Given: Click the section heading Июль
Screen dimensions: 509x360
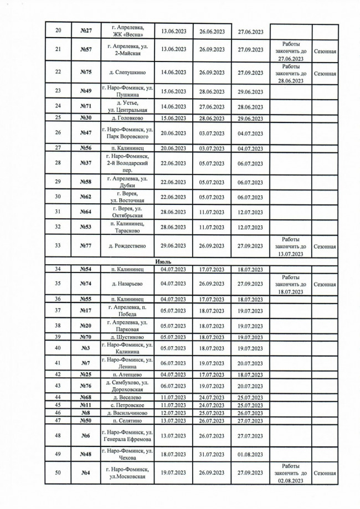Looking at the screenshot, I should point(163,261).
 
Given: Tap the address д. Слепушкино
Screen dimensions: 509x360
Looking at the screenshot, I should point(127,73).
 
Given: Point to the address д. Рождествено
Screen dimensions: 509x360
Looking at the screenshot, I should point(127,246).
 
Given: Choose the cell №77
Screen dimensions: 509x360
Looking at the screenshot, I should point(86,246).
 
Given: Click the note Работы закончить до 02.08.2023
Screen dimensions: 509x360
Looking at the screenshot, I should point(290,474).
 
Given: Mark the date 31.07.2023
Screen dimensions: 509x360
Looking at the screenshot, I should point(212,455).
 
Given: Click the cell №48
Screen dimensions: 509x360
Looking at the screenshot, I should point(86,455).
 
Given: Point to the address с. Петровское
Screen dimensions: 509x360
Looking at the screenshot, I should point(127,405).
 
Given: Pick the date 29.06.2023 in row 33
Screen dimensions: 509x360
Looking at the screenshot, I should point(172,246).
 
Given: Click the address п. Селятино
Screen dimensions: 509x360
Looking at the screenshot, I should point(127,420).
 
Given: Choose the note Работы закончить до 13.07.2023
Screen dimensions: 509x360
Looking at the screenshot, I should point(290,246).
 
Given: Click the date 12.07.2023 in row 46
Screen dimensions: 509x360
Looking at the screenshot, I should point(172,413).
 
